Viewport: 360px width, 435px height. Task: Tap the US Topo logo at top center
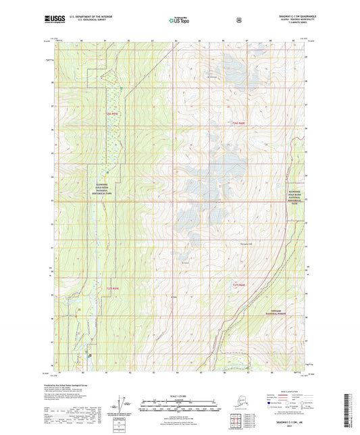pyautogui.click(x=179, y=21)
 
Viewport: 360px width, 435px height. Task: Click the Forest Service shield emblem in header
pyautogui.click(x=238, y=21)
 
